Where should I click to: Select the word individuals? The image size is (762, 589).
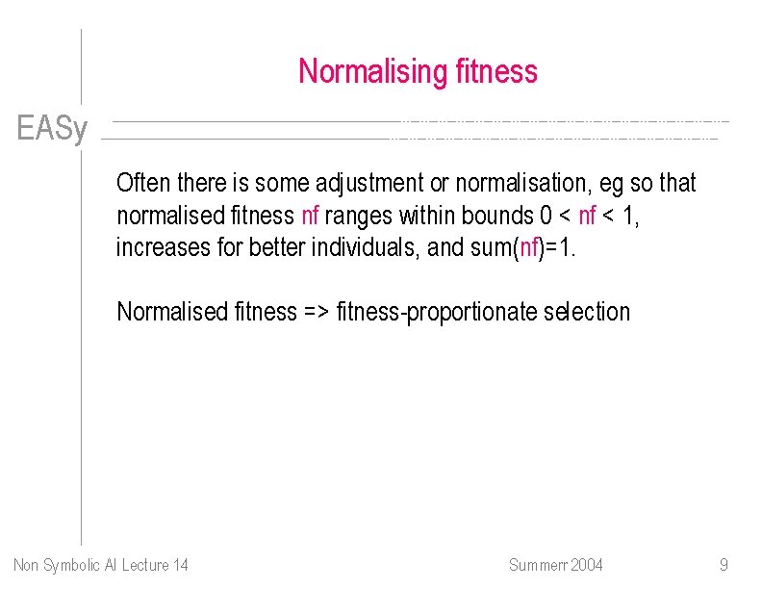pyautogui.click(x=369, y=247)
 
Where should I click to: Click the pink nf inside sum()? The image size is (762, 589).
pyautogui.click(x=529, y=247)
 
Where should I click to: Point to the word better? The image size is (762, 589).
pyautogui.click(x=279, y=247)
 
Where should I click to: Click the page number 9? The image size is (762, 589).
pyautogui.click(x=724, y=565)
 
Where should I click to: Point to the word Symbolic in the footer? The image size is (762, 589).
pyautogui.click(x=71, y=565)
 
